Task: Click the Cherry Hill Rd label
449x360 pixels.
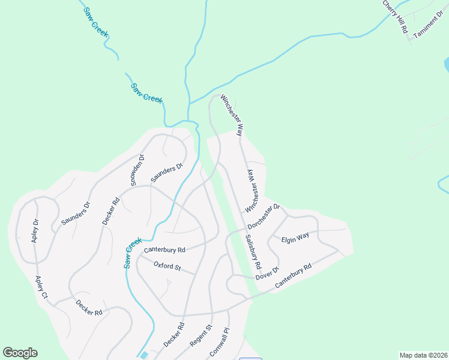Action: point(396,16)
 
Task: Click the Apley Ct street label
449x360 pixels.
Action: point(41,287)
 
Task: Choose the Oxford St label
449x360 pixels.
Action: point(167,266)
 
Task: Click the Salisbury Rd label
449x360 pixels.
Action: point(253,251)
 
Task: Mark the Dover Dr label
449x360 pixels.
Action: point(268,273)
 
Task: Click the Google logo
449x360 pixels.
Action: point(20,353)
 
